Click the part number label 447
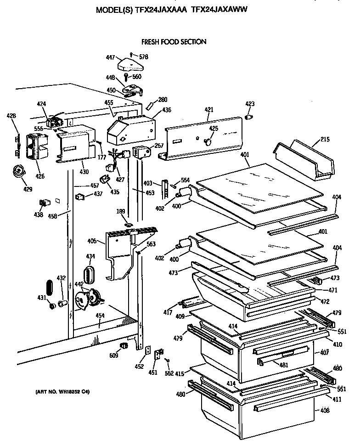pyautogui.click(x=110, y=58)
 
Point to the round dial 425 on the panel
pyautogui.click(x=208, y=141)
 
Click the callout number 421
pyautogui.click(x=209, y=110)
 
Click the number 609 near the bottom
pyautogui.click(x=112, y=355)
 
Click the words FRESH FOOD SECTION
pyautogui.click(x=174, y=42)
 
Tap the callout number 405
pyautogui.click(x=91, y=241)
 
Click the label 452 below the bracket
pyautogui.click(x=140, y=367)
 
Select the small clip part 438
pyautogui.click(x=44, y=203)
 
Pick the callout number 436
pyautogui.click(x=166, y=110)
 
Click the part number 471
pyautogui.click(x=332, y=290)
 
